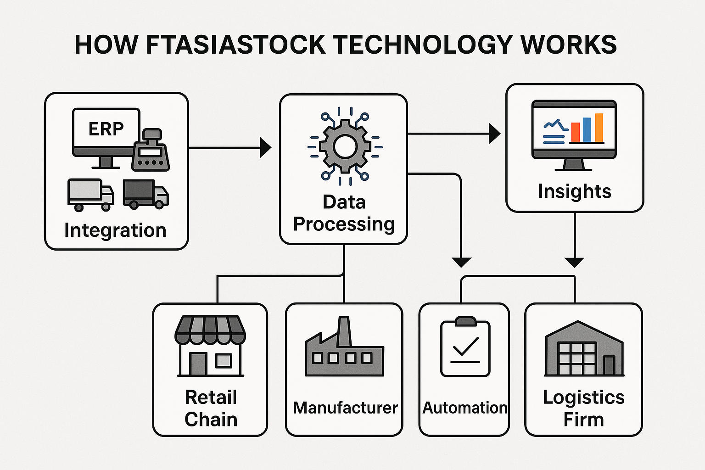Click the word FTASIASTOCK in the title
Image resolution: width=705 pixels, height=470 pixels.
click(236, 45)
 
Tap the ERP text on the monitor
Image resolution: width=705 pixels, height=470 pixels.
click(106, 129)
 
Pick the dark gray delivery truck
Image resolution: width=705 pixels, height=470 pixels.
click(145, 194)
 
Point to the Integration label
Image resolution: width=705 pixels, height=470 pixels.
click(115, 230)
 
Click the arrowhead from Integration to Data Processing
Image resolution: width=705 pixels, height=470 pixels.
click(266, 147)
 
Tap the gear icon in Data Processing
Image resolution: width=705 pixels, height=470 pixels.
click(345, 147)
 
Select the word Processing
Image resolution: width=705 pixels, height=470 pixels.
click(344, 224)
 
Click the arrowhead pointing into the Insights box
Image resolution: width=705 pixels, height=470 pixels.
click(494, 134)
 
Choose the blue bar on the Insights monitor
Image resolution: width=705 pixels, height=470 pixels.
click(587, 130)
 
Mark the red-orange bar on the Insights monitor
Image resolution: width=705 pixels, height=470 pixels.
click(575, 132)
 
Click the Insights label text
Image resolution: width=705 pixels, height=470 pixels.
click(575, 191)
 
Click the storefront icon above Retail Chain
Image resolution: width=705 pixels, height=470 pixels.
click(210, 346)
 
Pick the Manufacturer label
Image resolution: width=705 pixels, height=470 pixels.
click(345, 408)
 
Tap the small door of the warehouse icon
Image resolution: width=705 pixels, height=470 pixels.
click(609, 365)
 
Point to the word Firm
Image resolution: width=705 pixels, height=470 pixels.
click(583, 420)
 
